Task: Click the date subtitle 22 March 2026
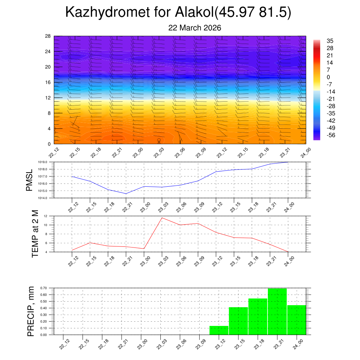(195, 28)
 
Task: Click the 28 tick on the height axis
(48, 36)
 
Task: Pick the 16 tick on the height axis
(48, 82)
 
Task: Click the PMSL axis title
(29, 180)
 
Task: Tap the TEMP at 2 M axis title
(35, 233)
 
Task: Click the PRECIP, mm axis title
(31, 311)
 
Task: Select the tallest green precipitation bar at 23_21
(277, 311)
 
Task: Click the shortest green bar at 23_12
(219, 330)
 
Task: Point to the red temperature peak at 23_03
(162, 218)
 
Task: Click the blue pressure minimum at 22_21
(126, 194)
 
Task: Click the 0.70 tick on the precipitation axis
(44, 288)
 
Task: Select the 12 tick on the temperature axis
(45, 216)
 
